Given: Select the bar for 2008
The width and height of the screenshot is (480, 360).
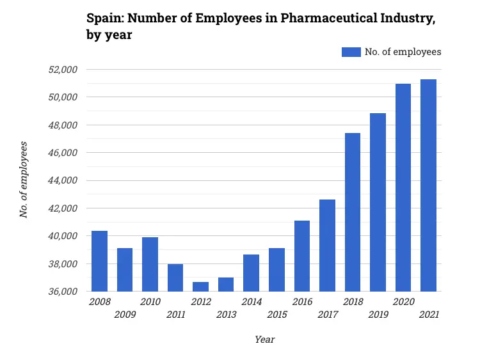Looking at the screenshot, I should point(99,261).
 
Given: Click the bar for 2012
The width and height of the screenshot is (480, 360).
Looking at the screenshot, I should point(200,286).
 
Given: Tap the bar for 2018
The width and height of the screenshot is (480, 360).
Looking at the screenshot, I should point(353,212).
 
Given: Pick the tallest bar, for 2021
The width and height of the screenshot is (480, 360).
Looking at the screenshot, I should point(428,185).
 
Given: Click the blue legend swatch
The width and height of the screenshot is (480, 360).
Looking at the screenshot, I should point(351,52).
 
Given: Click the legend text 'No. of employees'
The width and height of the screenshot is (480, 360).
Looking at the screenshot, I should point(403,52).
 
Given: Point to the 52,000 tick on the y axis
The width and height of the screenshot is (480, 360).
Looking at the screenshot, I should point(63,70).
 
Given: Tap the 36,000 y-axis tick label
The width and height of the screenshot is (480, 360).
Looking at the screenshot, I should point(63,292).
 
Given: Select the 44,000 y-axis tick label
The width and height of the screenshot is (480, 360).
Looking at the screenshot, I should point(63,181).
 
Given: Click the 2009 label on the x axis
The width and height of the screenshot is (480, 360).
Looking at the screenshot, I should point(125,315).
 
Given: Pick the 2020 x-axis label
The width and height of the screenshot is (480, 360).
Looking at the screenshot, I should point(403,302).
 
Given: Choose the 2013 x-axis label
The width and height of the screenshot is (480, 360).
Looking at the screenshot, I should point(226,315).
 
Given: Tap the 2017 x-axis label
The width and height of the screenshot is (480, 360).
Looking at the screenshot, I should point(327,315).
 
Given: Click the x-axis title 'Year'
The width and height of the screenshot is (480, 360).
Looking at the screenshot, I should point(264,340).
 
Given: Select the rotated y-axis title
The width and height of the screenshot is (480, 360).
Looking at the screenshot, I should point(24,180).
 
